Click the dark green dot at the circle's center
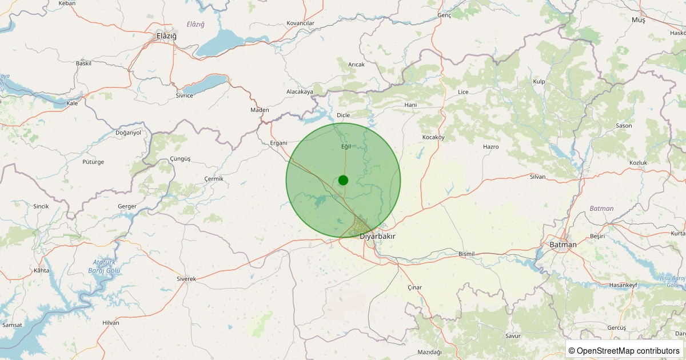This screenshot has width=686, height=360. coord(343,180)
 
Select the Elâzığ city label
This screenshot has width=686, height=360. coord(166,36)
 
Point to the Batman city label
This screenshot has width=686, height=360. coord(563,245)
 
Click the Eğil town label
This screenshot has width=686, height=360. coord(345,146)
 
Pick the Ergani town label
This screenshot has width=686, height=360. coord(278,143)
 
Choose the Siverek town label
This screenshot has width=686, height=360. coord(186,279)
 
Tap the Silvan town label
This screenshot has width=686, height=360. coord(537,177)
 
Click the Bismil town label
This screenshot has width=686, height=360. coord(467,254)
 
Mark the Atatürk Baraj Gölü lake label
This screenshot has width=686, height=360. coord(105,266)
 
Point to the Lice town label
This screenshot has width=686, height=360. coord(463,92)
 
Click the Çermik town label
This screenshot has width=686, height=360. coord(214,179)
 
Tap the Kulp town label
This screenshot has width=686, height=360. coord(539,82)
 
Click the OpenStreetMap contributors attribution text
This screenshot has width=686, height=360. coord(624,350)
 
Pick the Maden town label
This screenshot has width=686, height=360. coord(260,110)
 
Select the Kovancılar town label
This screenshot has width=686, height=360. coord(301,23)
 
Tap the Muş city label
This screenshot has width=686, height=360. coord(638,20)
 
